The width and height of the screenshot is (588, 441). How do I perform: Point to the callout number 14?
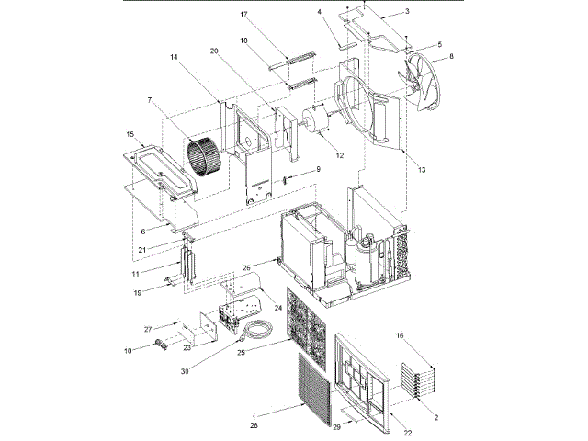(172, 57)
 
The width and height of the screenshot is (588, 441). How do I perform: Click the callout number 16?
(399, 337)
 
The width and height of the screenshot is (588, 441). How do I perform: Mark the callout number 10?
(130, 349)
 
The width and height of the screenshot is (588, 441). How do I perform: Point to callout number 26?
(246, 268)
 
